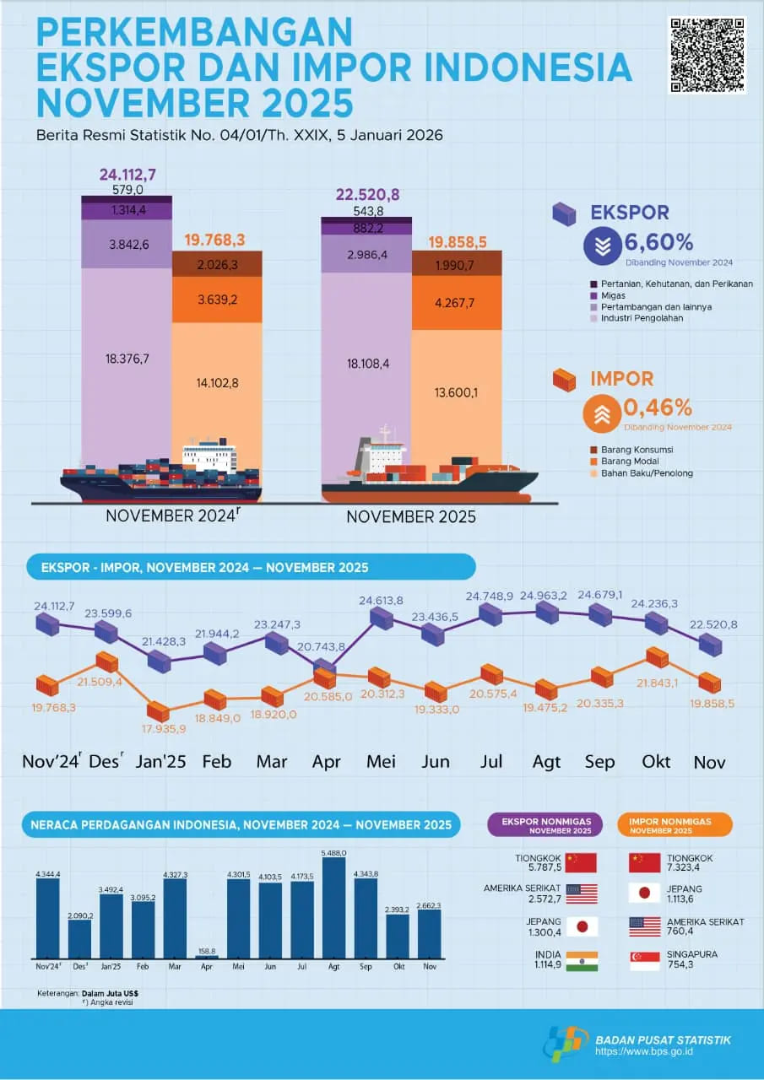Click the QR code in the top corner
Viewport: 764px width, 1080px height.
pyautogui.click(x=707, y=55)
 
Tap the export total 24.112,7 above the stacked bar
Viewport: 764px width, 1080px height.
pyautogui.click(x=127, y=175)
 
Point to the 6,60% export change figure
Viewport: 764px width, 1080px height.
pyautogui.click(x=658, y=244)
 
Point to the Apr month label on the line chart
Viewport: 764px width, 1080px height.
pyautogui.click(x=327, y=761)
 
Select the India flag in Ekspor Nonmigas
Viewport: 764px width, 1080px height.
pyautogui.click(x=582, y=961)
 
